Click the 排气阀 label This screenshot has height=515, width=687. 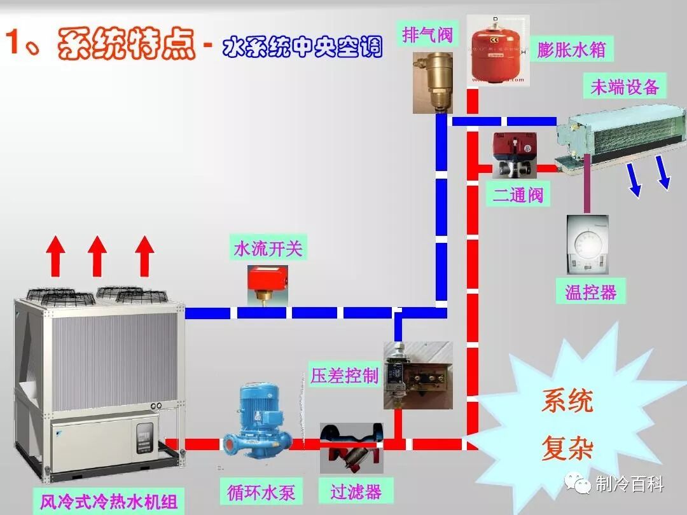[427, 34]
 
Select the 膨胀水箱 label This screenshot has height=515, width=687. [571, 49]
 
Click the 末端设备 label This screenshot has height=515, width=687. [625, 86]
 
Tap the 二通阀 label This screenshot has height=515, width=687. [518, 195]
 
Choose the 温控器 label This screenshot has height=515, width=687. [591, 292]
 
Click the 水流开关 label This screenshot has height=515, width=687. [268, 249]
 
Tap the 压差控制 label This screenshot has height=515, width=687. [344, 375]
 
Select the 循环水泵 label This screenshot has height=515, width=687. [261, 491]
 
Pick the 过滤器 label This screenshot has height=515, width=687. [356, 491]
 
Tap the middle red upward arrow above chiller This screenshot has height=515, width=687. [97, 254]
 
